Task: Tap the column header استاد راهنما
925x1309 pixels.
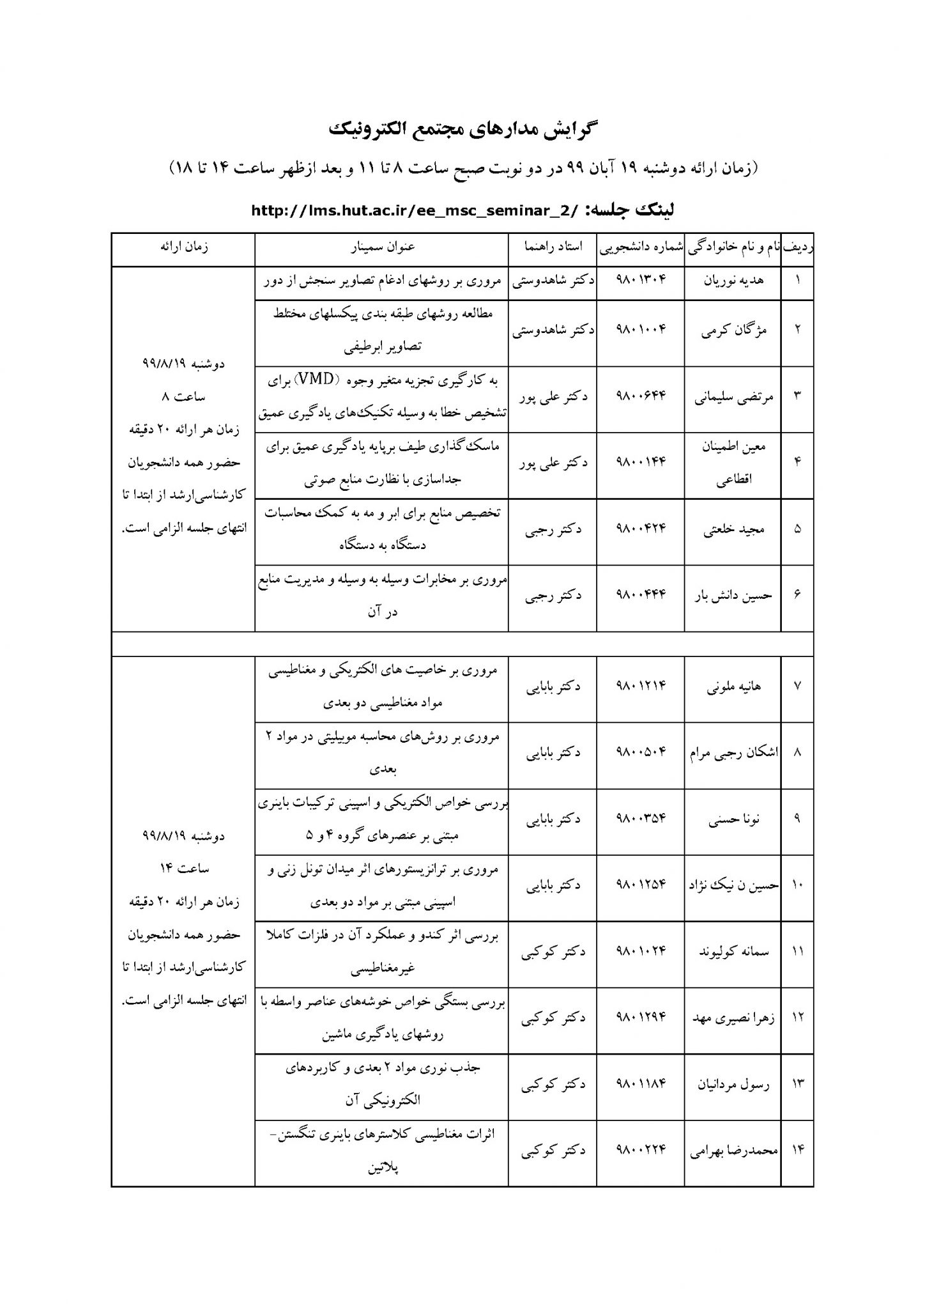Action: [553, 249]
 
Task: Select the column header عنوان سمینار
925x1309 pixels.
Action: [381, 249]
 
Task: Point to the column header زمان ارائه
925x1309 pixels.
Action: [184, 249]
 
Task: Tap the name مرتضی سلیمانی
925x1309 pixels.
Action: [733, 396]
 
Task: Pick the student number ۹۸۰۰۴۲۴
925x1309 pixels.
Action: [640, 529]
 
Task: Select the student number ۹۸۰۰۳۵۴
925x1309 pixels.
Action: [640, 819]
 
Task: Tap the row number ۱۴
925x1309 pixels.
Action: [797, 1150]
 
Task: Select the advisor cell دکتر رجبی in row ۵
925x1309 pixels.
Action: [553, 529]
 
